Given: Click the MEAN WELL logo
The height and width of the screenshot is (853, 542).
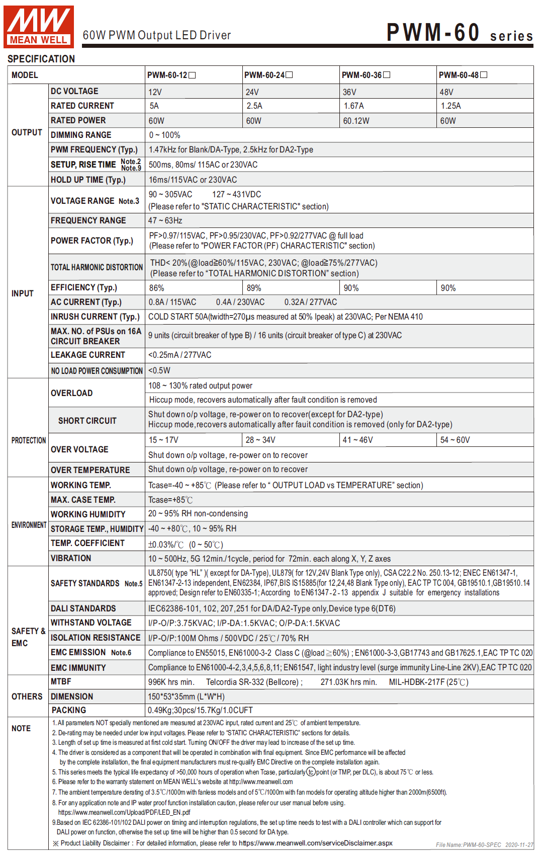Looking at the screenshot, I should tap(39, 26).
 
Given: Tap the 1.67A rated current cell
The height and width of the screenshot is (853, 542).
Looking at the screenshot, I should tap(353, 106).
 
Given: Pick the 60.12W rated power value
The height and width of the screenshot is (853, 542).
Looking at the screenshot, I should tap(356, 121).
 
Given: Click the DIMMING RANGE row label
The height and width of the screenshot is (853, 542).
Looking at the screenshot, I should tap(81, 135).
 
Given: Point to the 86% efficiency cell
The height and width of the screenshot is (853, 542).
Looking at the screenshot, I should tap(156, 288).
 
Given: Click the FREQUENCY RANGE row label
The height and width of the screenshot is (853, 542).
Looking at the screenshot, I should tap(88, 220).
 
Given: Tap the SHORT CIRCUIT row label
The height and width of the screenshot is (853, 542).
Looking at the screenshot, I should tap(87, 421).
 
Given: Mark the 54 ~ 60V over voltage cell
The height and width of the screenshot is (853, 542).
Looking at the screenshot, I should tap(455, 440).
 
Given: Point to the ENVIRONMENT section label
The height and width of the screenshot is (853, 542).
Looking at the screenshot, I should tap(29, 525).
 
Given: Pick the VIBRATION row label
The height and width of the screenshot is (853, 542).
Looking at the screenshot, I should tap(71, 558).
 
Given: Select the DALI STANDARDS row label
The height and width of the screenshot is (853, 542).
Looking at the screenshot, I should tap(83, 608).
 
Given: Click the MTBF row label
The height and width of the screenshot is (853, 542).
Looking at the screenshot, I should tap(61, 681).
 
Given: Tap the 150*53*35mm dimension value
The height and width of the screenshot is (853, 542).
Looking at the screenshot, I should tap(186, 696).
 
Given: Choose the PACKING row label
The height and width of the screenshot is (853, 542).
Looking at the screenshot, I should tap(69, 710).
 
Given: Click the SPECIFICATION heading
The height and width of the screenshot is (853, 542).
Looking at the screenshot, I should tap(41, 59).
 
